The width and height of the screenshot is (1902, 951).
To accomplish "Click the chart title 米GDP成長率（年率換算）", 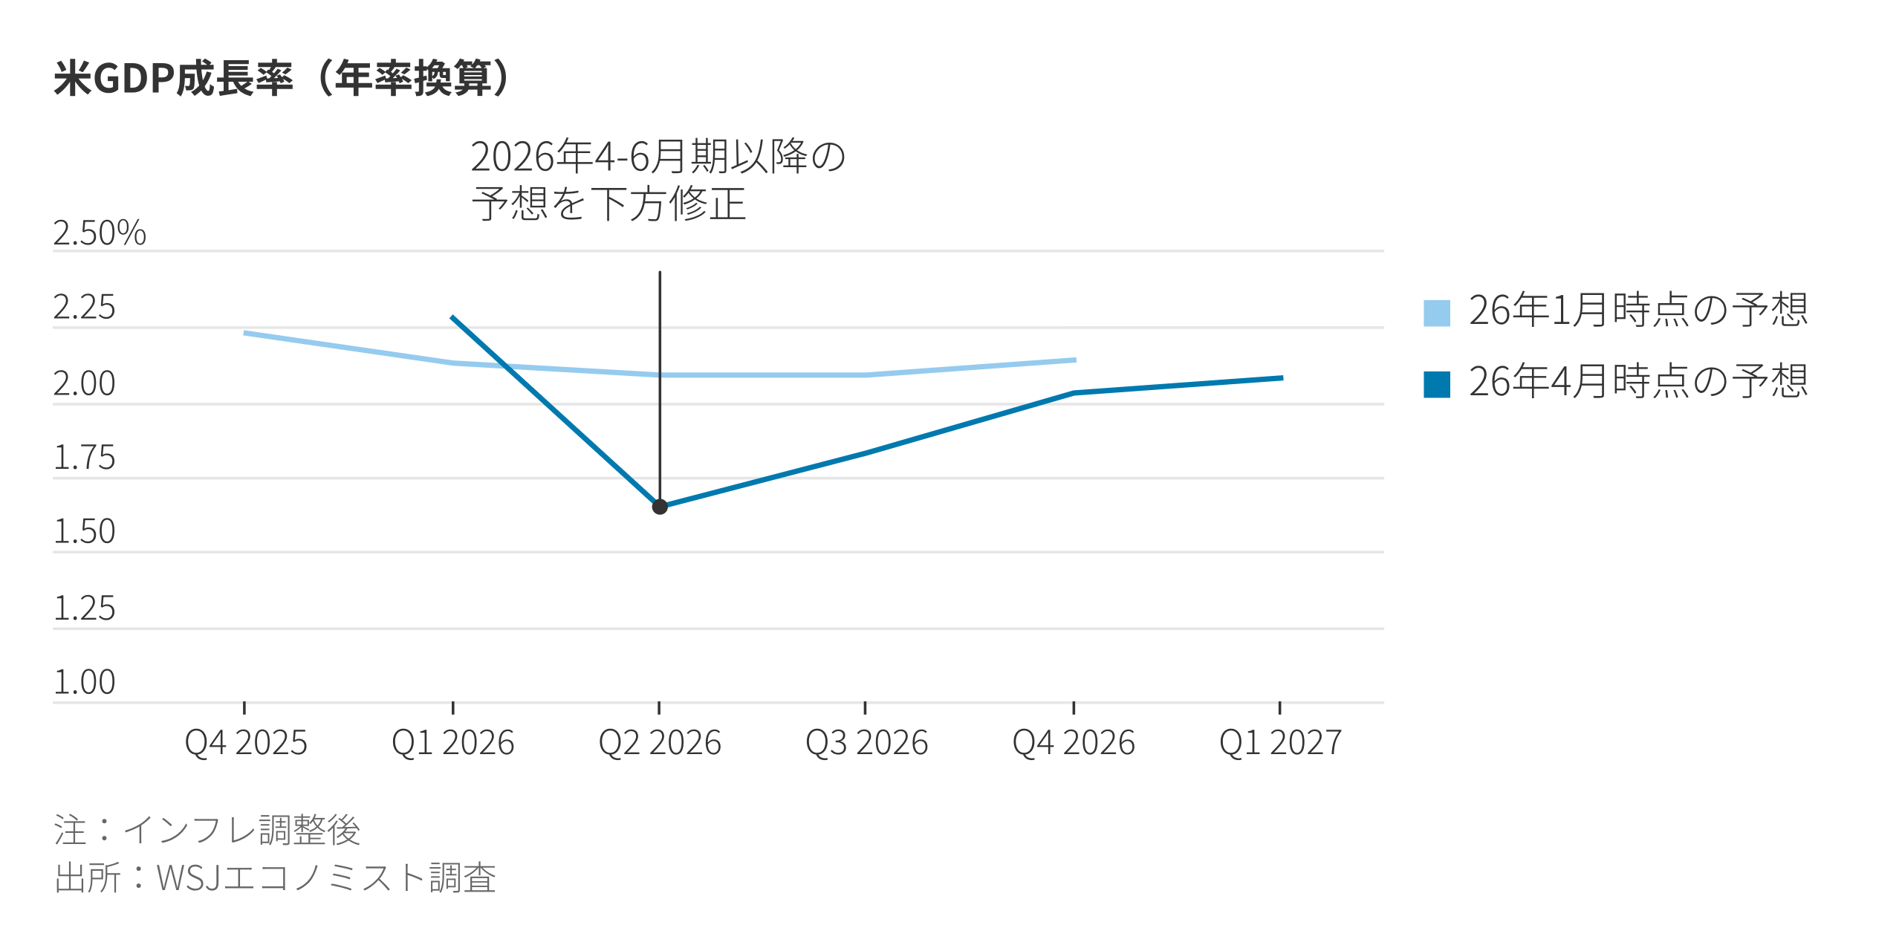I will [282, 78].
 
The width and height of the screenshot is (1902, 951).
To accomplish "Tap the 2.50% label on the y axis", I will [100, 233].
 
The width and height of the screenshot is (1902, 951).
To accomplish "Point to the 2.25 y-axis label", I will [85, 308].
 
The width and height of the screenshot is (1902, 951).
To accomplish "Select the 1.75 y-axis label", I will [85, 458].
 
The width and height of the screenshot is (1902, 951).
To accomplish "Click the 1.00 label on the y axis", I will [85, 682].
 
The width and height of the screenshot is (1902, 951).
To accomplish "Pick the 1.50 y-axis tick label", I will [85, 532].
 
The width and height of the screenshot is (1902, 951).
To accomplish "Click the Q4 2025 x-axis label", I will [246, 743].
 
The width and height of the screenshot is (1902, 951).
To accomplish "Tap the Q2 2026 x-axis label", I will [660, 743].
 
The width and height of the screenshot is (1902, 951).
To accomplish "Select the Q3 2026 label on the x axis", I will [867, 743].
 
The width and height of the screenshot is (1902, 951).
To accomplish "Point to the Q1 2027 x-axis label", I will [1281, 743].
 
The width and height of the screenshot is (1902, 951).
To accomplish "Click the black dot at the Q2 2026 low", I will [660, 507].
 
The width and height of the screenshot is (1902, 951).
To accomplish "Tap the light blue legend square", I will [1437, 313].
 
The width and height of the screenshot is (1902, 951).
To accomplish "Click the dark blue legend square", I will [1437, 384].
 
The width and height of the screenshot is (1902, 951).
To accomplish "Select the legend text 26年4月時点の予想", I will [1638, 382].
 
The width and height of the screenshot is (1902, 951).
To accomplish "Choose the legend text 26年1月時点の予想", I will [1638, 311].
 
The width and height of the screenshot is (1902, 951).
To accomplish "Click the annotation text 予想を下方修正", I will [609, 204].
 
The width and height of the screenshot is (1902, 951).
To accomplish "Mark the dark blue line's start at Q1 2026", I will [453, 318].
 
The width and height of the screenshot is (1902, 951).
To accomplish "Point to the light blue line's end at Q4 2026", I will [1074, 360].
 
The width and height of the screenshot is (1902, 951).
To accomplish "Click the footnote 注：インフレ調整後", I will [207, 830].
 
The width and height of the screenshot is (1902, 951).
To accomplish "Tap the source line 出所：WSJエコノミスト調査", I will [275, 878].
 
